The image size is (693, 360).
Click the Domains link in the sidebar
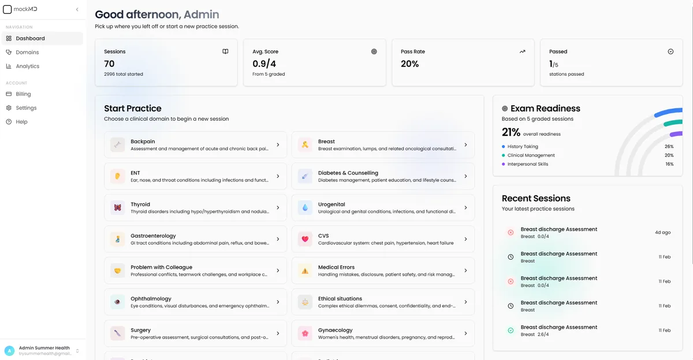[27, 52]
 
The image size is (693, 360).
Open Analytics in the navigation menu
[27, 66]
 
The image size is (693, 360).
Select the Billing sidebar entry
[23, 94]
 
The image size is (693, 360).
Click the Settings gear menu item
[26, 107]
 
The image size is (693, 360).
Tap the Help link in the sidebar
[21, 121]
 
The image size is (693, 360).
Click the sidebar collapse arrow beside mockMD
[77, 9]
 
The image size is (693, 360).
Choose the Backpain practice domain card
[195, 144]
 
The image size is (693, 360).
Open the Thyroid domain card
[195, 207]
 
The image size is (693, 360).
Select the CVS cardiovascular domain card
[383, 239]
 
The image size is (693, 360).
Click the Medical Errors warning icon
[305, 270]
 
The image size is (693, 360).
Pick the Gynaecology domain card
[383, 333]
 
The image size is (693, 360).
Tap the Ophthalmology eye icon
[118, 302]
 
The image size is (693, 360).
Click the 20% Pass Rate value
[409, 64]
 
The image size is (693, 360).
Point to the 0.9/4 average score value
[264, 64]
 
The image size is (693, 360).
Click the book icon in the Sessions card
[225, 51]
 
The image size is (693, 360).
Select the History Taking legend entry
[522, 147]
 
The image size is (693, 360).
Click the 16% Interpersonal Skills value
[669, 164]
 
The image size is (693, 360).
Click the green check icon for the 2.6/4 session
[511, 331]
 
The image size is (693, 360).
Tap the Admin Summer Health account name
[44, 348]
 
